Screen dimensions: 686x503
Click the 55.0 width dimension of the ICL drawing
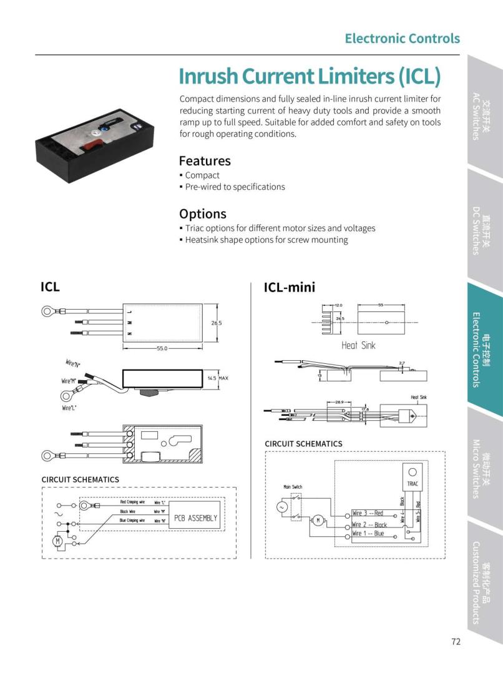coord(162,348)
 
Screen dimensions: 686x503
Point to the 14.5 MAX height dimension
coord(218,378)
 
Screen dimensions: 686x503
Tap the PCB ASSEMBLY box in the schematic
coord(196,518)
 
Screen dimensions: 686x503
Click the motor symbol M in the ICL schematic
coord(57,541)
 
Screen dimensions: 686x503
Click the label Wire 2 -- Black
coord(369,525)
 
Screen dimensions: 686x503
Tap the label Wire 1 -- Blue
coord(368,534)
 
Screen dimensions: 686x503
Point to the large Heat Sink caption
coord(358,345)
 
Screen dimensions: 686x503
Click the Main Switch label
coord(293,487)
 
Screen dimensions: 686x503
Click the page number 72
coord(455,641)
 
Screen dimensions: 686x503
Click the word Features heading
coord(204,160)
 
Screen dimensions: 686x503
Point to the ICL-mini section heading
coord(290,287)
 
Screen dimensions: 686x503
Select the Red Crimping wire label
coord(132,502)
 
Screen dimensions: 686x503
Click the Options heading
coord(202,213)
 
